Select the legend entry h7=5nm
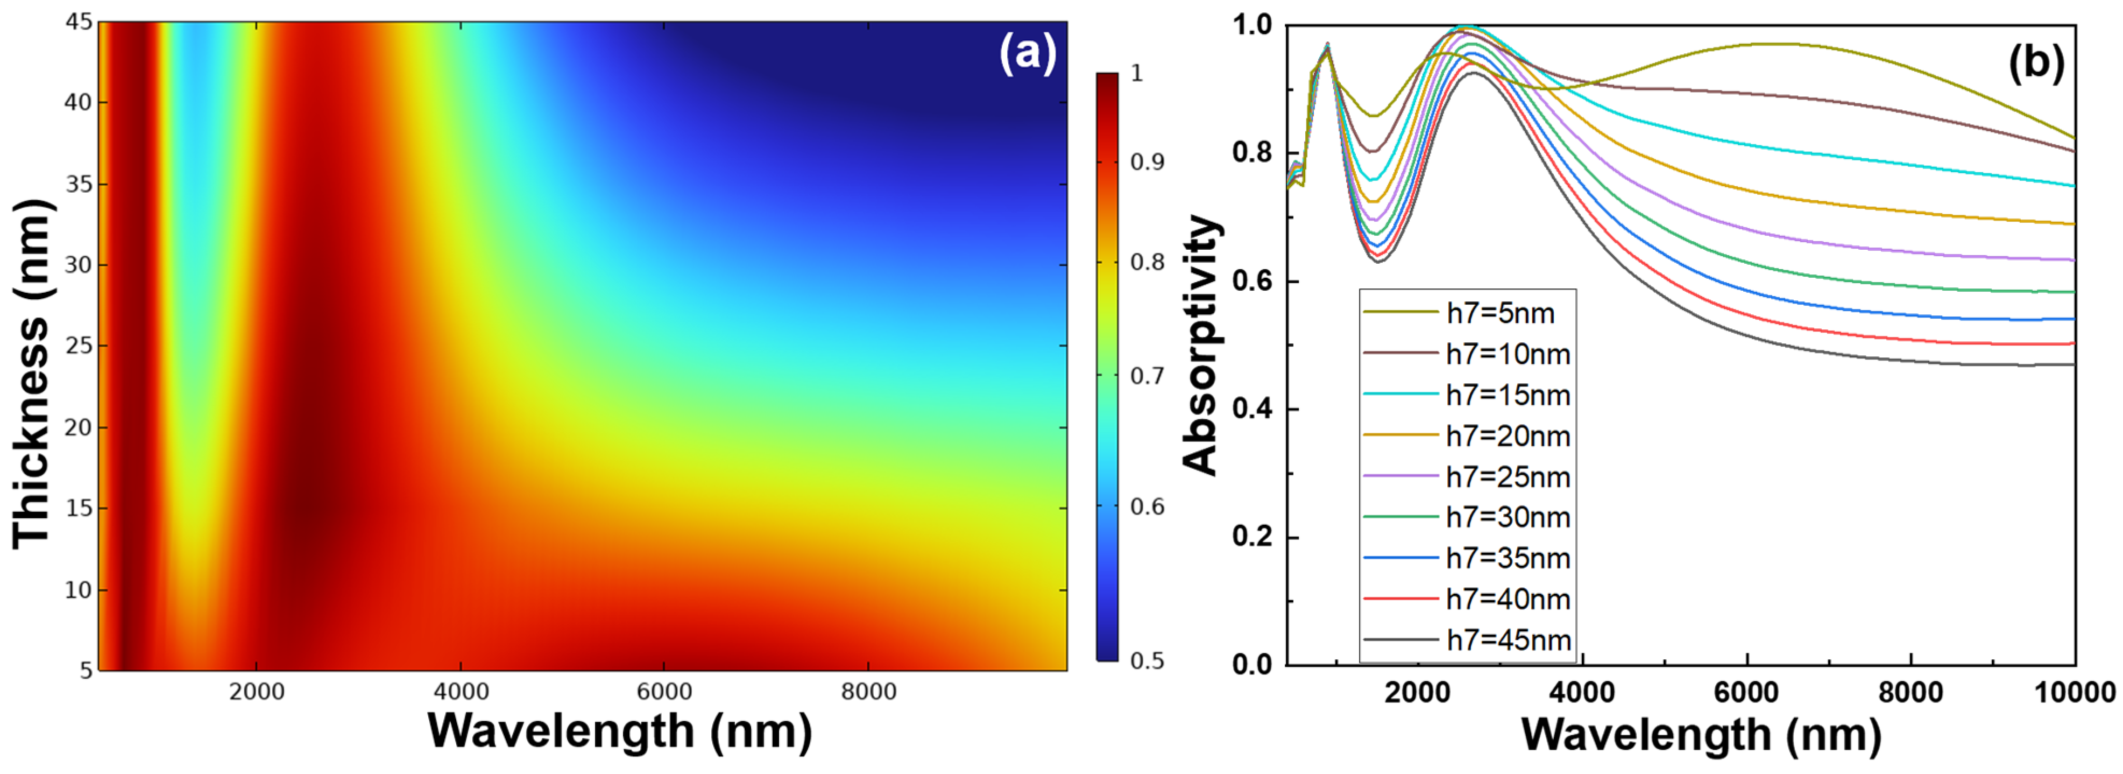pyautogui.click(x=1500, y=314)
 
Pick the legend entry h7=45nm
pyautogui.click(x=1508, y=641)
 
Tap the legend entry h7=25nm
pyautogui.click(x=1508, y=477)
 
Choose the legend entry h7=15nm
pyautogui.click(x=1508, y=396)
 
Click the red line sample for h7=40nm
pyautogui.click(x=1400, y=599)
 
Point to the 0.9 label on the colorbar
pyautogui.click(x=1147, y=161)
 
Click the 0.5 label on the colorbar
pyautogui.click(x=1147, y=661)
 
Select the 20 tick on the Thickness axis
pyautogui.click(x=79, y=428)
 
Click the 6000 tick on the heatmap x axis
pyautogui.click(x=664, y=692)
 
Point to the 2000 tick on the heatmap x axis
pyautogui.click(x=256, y=692)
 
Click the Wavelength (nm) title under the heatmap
pyautogui.click(x=620, y=731)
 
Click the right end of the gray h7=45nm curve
pyautogui.click(x=2072, y=364)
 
